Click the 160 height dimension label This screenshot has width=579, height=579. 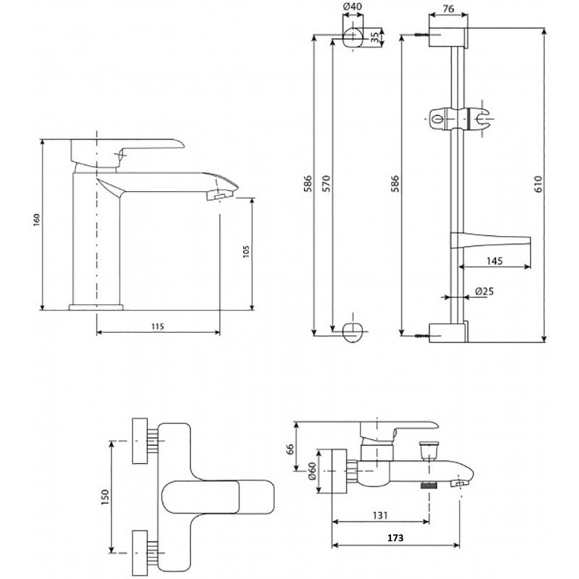(37, 220)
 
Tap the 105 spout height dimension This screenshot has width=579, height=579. (247, 251)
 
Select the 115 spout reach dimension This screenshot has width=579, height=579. (158, 326)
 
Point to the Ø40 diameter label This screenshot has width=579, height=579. (352, 7)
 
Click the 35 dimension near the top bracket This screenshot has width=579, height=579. (375, 37)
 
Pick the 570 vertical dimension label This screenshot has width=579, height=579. (326, 184)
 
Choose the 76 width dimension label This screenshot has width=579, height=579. (448, 9)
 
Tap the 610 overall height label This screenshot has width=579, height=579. (538, 184)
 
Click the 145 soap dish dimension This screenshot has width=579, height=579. (494, 261)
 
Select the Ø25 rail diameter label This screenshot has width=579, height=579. (484, 292)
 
